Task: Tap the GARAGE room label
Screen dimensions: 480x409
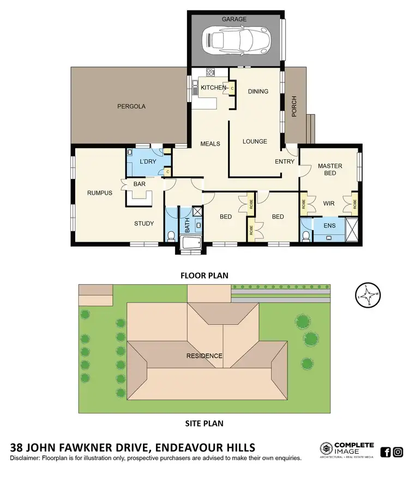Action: (x=234, y=19)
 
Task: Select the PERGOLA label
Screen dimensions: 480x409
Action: (x=131, y=106)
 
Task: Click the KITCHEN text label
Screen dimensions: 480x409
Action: (x=213, y=87)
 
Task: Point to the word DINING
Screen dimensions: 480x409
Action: (x=258, y=91)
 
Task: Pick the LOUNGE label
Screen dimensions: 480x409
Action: (x=255, y=141)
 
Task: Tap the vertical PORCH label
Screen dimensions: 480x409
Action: (x=294, y=109)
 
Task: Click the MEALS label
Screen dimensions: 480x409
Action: (x=210, y=143)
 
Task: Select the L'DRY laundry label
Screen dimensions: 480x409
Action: (x=148, y=162)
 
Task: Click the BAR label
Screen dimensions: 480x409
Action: (x=140, y=184)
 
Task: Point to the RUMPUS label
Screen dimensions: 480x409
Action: (x=100, y=193)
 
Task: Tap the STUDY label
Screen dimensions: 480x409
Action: (x=144, y=223)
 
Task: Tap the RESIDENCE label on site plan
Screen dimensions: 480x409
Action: (x=204, y=356)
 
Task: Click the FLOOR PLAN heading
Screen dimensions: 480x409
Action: (x=204, y=275)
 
